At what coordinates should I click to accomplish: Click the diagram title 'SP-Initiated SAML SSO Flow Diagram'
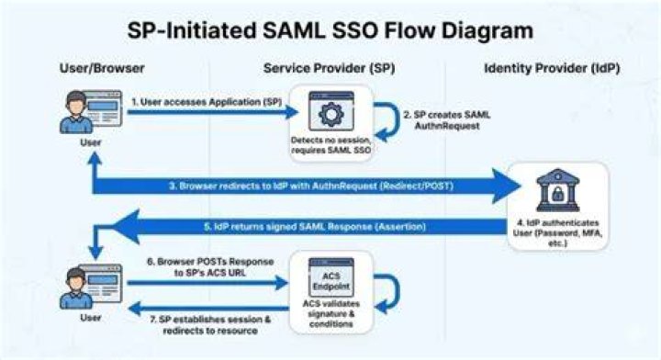click(x=330, y=31)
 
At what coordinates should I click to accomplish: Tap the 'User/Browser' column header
click(x=102, y=68)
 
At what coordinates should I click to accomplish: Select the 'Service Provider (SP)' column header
click(x=329, y=68)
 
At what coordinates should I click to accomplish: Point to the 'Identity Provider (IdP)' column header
click(x=552, y=68)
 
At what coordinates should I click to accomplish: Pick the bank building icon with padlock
click(x=558, y=190)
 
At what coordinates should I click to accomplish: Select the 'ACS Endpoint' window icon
click(x=330, y=278)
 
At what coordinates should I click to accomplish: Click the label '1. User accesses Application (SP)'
click(x=207, y=102)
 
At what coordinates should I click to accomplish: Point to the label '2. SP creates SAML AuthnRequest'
click(x=447, y=120)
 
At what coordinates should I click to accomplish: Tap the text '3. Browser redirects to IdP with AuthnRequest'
click(x=274, y=186)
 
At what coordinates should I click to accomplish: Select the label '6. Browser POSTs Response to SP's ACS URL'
click(x=210, y=267)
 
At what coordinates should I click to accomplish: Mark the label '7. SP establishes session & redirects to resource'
click(x=210, y=325)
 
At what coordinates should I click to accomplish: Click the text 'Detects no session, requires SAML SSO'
click(x=330, y=145)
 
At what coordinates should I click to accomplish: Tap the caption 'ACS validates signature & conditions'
click(x=330, y=314)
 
